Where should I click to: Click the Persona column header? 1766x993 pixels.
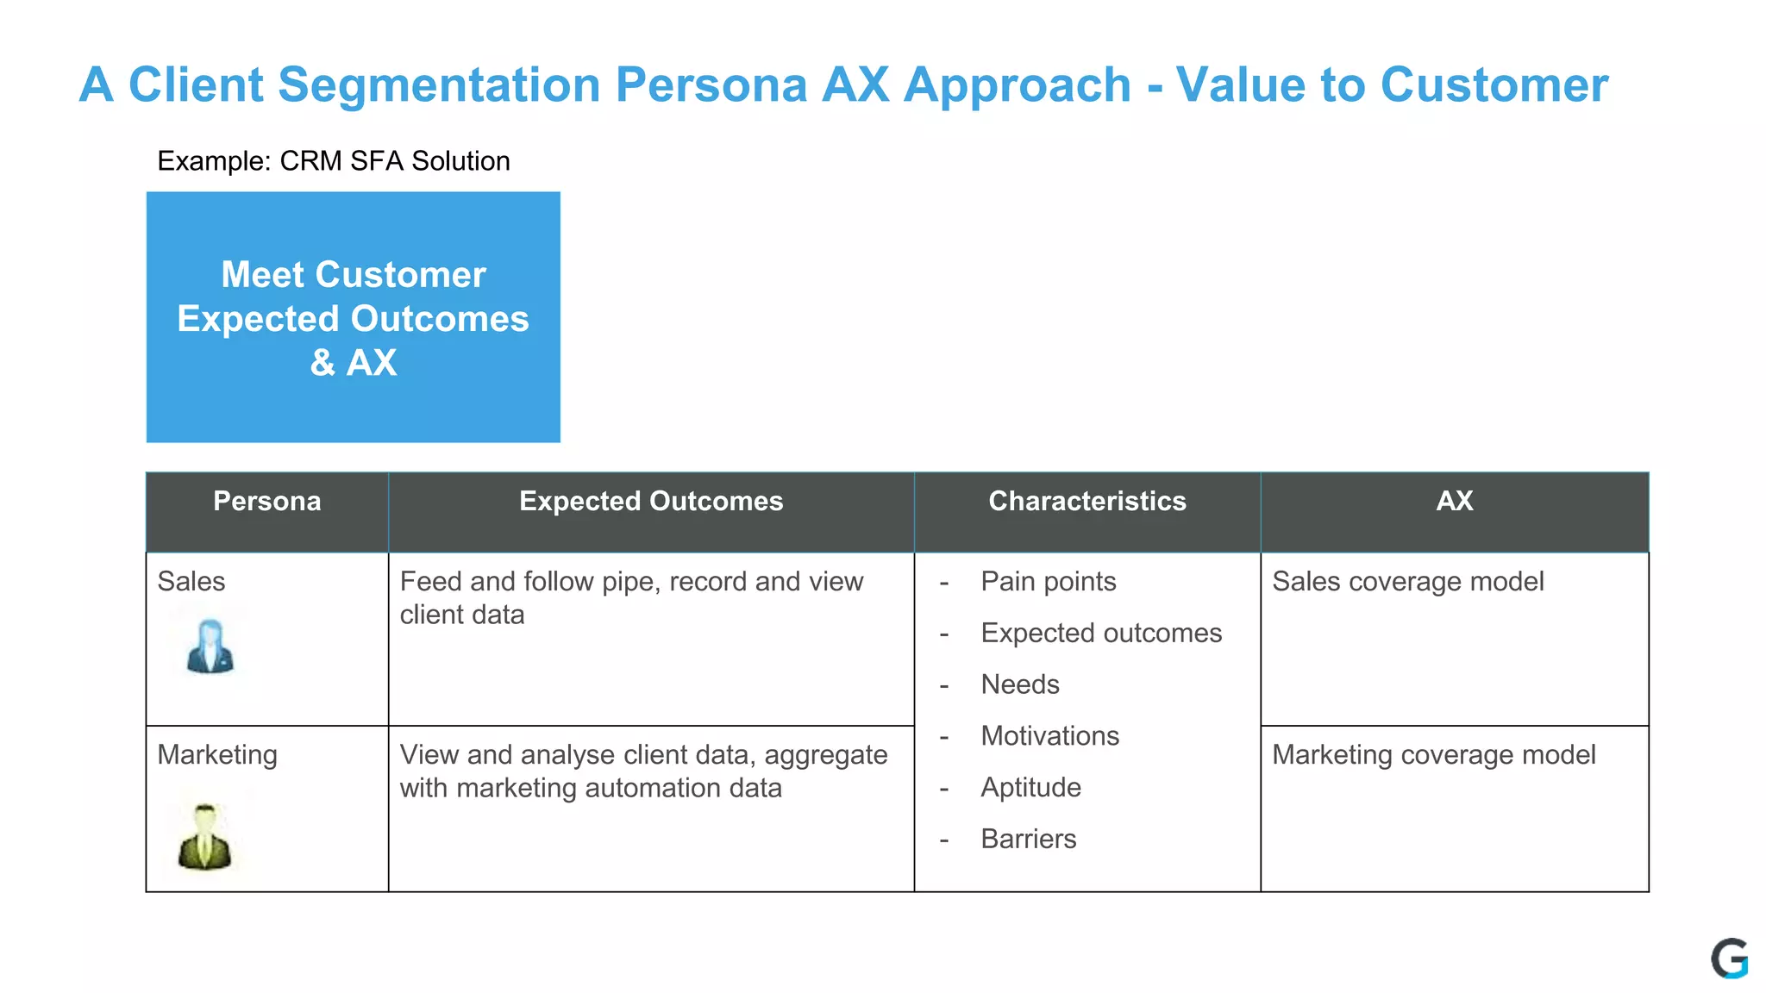[266, 502]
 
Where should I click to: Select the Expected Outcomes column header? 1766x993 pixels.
[651, 502]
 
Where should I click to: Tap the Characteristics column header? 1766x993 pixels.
[1087, 502]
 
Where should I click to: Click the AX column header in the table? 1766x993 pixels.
[1454, 502]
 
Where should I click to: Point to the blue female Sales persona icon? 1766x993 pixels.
[210, 646]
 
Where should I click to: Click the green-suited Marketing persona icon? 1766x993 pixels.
[204, 837]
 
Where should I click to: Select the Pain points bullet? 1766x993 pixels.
[1048, 582]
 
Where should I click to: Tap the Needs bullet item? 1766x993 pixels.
[1019, 684]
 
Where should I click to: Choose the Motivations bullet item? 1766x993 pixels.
[1049, 736]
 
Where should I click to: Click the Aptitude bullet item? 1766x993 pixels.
[1030, 788]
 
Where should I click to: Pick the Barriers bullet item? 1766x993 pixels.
[1028, 839]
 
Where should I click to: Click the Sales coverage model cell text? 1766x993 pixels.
[1407, 582]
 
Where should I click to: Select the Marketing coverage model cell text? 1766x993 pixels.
[1433, 755]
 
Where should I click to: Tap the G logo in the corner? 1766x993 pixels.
[1729, 959]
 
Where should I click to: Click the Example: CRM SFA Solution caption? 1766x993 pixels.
[334, 161]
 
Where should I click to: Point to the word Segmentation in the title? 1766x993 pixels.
[439, 85]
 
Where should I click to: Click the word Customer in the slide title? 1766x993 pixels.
[1494, 85]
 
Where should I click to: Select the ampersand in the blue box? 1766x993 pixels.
[323, 363]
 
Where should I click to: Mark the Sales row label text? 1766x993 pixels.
[191, 582]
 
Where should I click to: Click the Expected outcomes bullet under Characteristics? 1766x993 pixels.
[1100, 634]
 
